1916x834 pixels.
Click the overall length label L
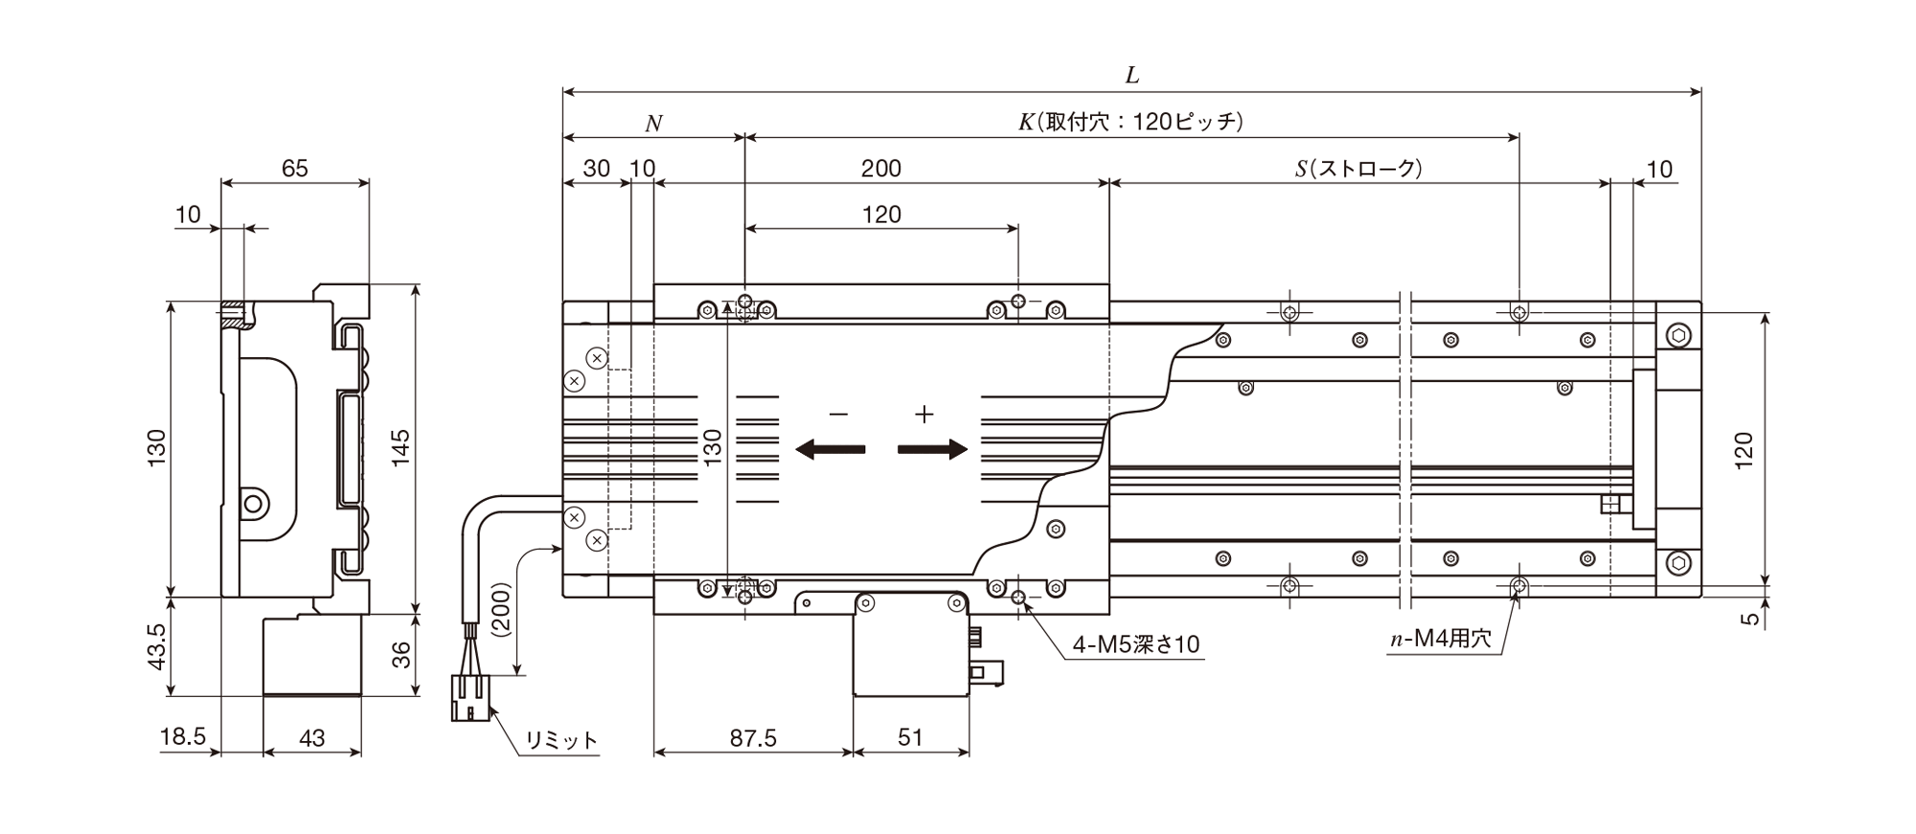(x=1131, y=75)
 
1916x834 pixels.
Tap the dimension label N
(x=653, y=124)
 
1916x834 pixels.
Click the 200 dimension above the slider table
(x=880, y=169)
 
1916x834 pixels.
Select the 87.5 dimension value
(x=753, y=737)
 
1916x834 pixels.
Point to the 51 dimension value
(x=910, y=737)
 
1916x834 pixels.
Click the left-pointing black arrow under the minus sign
(x=831, y=449)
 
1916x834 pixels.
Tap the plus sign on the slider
(x=924, y=415)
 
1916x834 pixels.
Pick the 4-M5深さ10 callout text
(x=1135, y=644)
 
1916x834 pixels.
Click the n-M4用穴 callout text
(x=1441, y=639)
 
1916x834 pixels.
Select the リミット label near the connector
(x=561, y=740)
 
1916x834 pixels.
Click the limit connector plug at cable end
(x=469, y=697)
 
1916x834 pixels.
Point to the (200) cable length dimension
(x=500, y=611)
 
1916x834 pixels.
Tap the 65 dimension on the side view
(x=295, y=169)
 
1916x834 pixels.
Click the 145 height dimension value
(x=400, y=448)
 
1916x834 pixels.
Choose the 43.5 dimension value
(x=157, y=646)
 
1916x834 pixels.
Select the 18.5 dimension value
(x=183, y=737)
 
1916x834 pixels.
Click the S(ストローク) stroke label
(x=1358, y=169)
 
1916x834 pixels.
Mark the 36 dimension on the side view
(x=400, y=654)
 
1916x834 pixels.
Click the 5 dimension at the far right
(x=1750, y=619)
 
